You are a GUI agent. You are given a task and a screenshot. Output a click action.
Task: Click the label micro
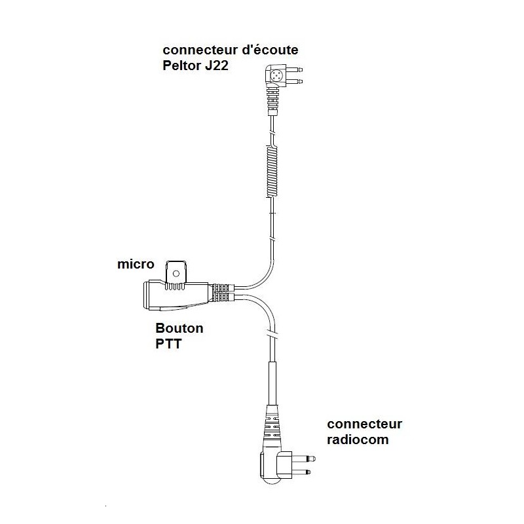136,265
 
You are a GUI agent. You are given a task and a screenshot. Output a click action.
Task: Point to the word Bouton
179,328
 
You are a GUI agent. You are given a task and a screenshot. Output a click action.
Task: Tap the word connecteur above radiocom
365,424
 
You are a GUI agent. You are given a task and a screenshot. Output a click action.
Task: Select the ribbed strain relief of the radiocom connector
272,428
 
